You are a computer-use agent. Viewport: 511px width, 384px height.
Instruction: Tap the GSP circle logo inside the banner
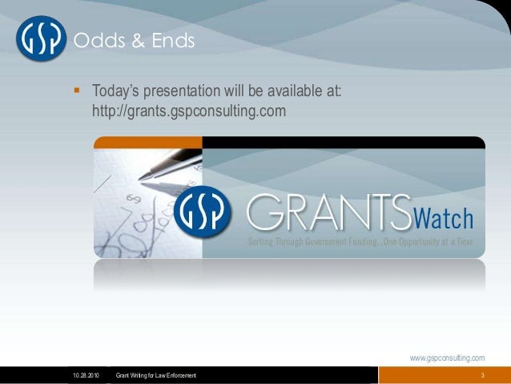[203, 212]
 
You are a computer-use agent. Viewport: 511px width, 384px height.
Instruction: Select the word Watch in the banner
[443, 218]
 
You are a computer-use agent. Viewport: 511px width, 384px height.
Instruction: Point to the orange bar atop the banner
[147, 143]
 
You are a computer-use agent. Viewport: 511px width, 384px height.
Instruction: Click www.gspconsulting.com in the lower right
[447, 358]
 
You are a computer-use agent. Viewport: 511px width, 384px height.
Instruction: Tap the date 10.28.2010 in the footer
[87, 376]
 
